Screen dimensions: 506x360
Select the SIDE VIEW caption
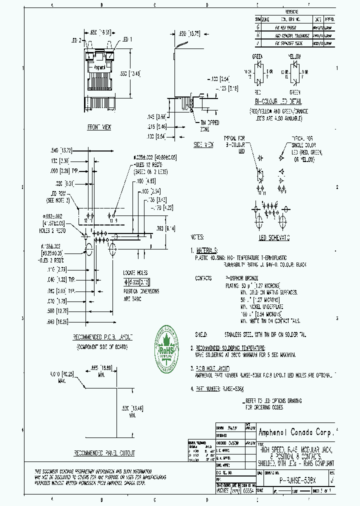pyautogui.click(x=203, y=144)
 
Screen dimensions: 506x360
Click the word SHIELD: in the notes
pyautogui.click(x=202, y=332)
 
